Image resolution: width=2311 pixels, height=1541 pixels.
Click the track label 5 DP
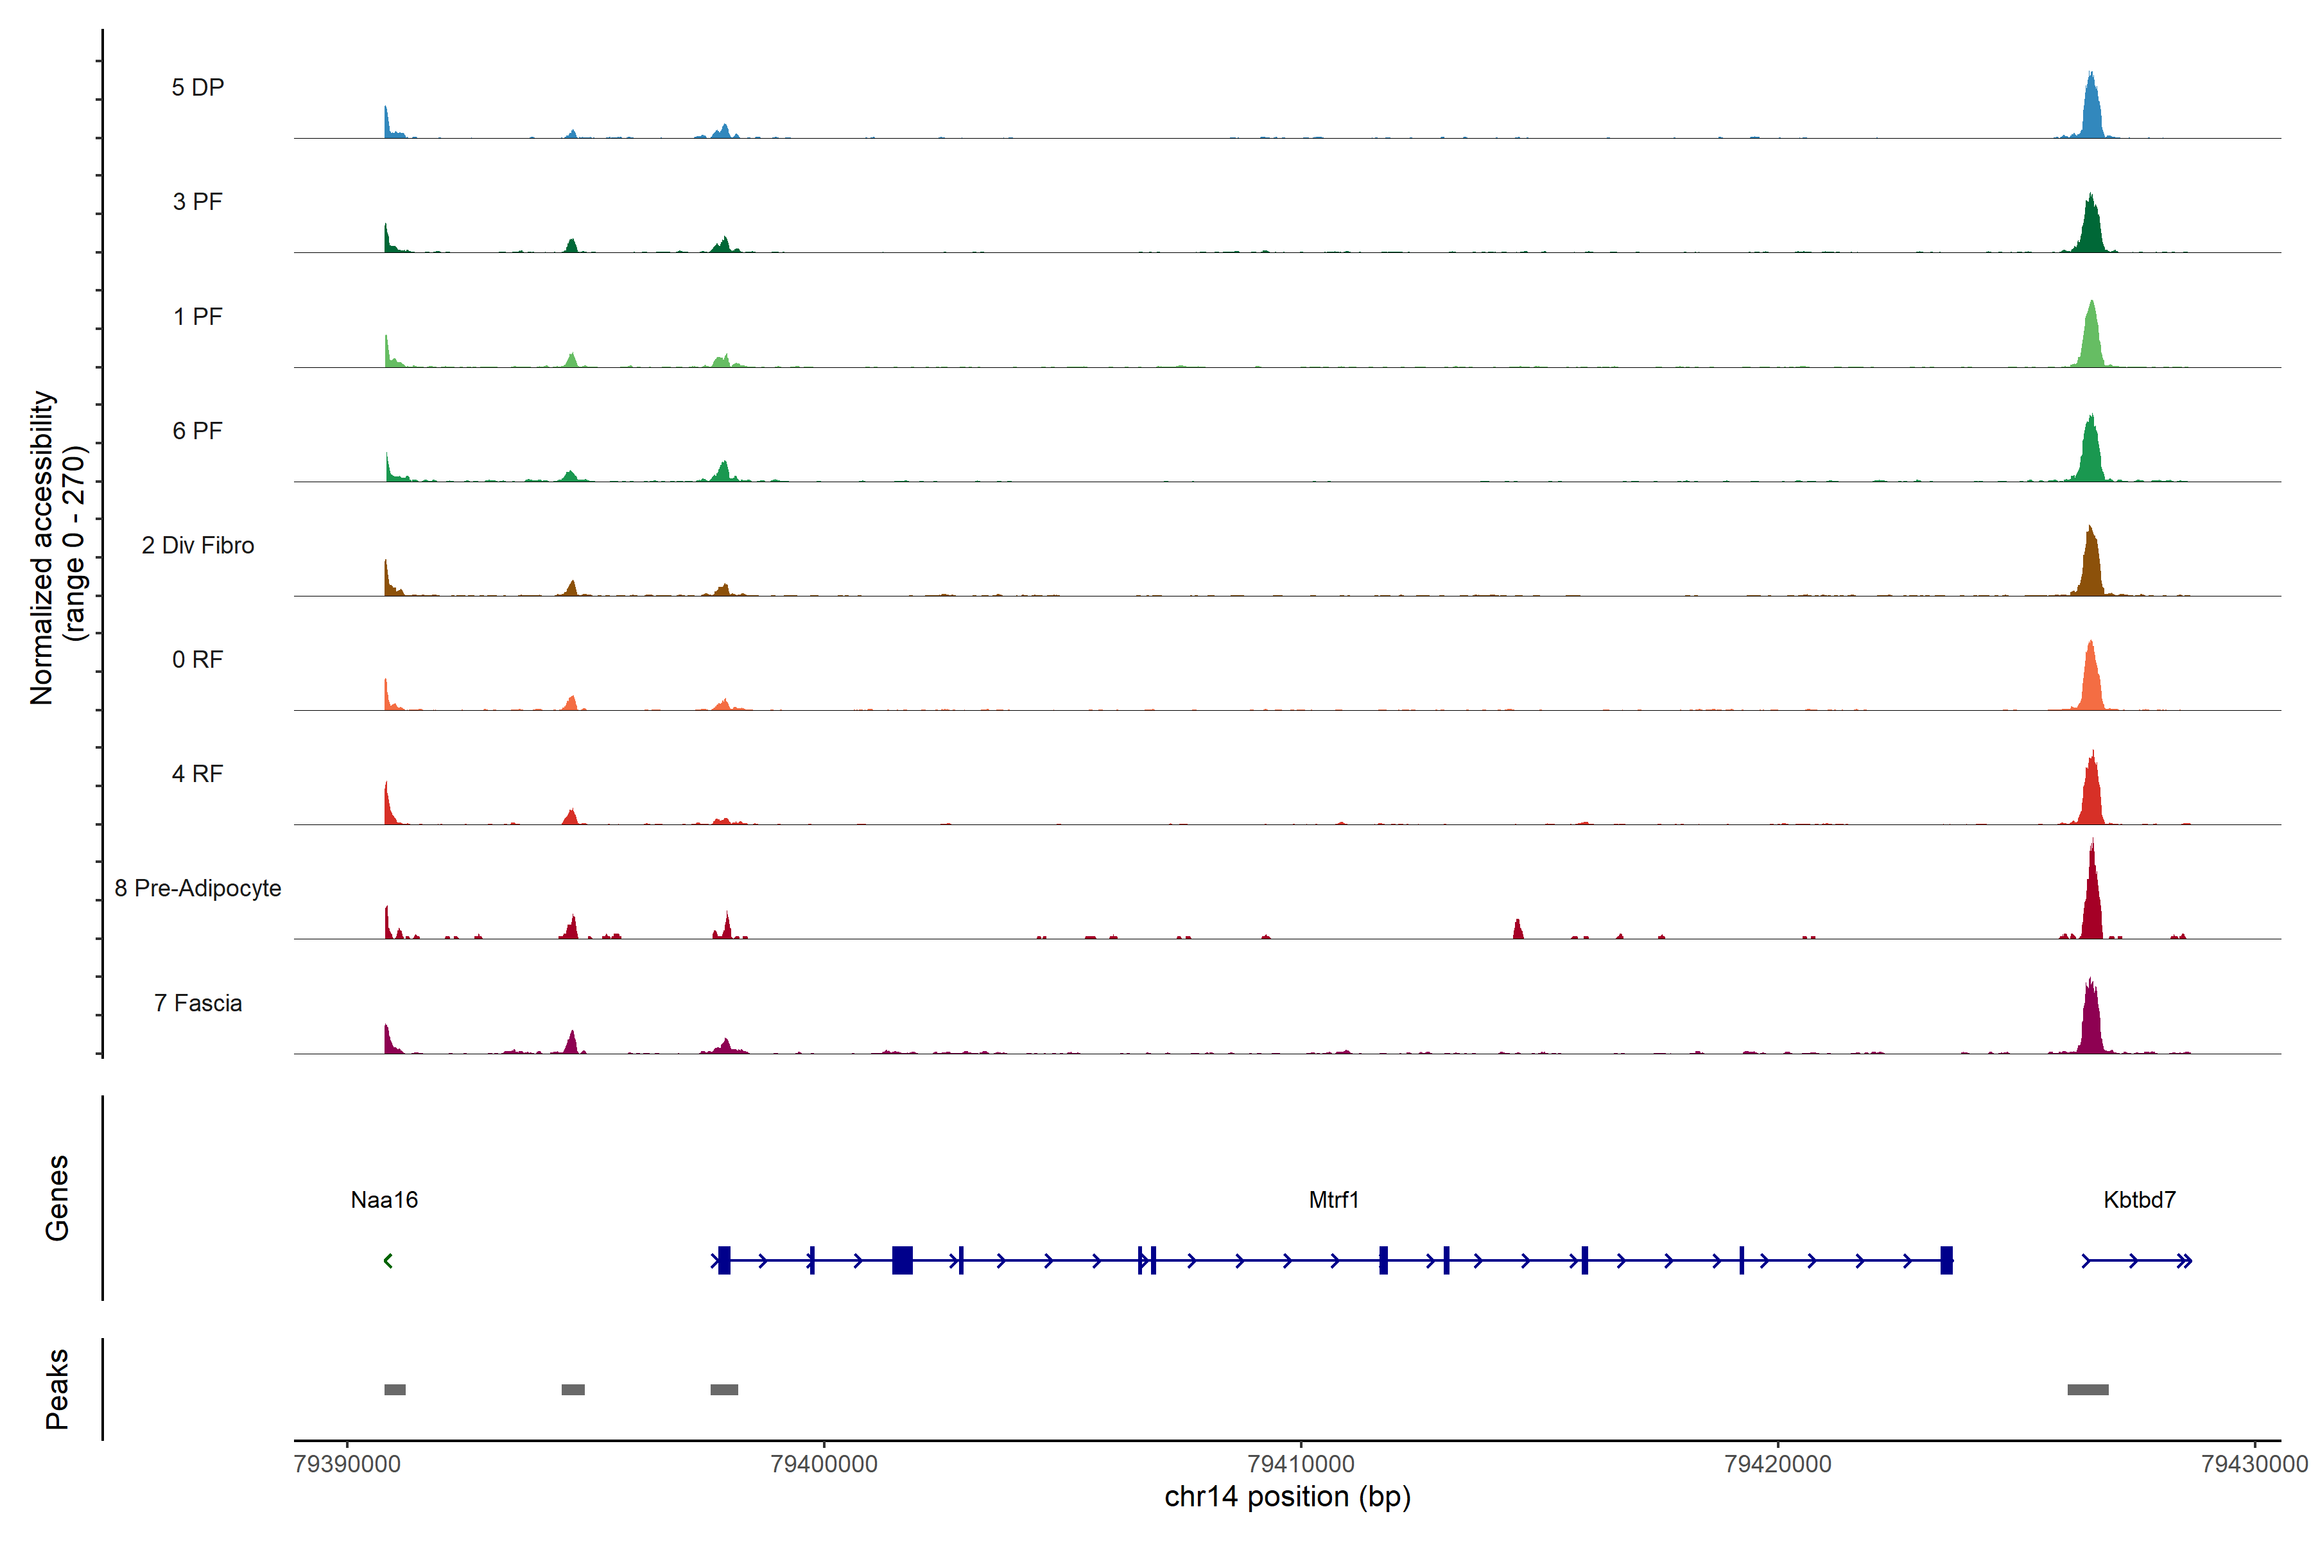[x=198, y=87]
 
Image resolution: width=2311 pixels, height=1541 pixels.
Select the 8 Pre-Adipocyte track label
[x=198, y=889]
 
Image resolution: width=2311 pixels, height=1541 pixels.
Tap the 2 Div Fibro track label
[x=198, y=545]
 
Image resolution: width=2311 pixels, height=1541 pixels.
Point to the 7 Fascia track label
[x=198, y=1004]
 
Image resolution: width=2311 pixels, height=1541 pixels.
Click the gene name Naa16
[x=384, y=1200]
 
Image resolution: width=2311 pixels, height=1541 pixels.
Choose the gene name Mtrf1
[x=1333, y=1200]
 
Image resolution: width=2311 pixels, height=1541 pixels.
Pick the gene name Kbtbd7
[x=2139, y=1200]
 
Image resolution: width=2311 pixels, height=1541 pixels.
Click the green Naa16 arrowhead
[x=388, y=1261]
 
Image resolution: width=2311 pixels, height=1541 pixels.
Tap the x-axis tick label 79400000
[x=824, y=1465]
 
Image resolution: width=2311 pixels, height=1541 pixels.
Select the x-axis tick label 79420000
[x=1778, y=1465]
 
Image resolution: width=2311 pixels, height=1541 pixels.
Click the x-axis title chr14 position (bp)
[x=1287, y=1497]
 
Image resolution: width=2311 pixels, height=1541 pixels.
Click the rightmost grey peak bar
[x=2087, y=1389]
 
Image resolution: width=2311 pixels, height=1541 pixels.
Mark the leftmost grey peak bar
[x=395, y=1389]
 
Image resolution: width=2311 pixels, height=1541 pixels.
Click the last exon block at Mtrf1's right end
[x=1946, y=1260]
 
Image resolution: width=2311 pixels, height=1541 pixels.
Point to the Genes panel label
[x=57, y=1198]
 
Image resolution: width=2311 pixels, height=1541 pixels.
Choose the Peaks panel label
[x=57, y=1389]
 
